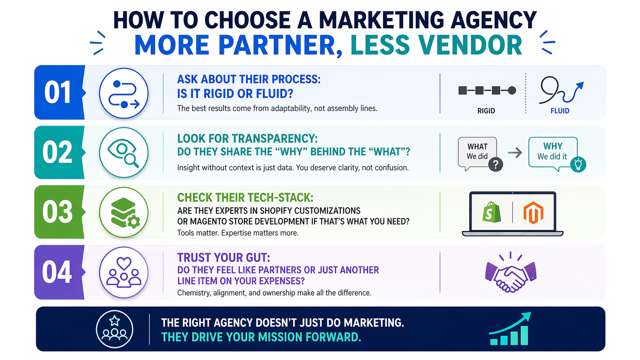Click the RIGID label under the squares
pyautogui.click(x=486, y=111)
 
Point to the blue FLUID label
pyautogui.click(x=560, y=111)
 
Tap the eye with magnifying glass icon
pyautogui.click(x=123, y=152)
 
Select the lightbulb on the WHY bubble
pyautogui.click(x=578, y=165)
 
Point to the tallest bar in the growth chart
pyautogui.click(x=524, y=336)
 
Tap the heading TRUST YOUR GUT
pyautogui.click(x=224, y=257)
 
